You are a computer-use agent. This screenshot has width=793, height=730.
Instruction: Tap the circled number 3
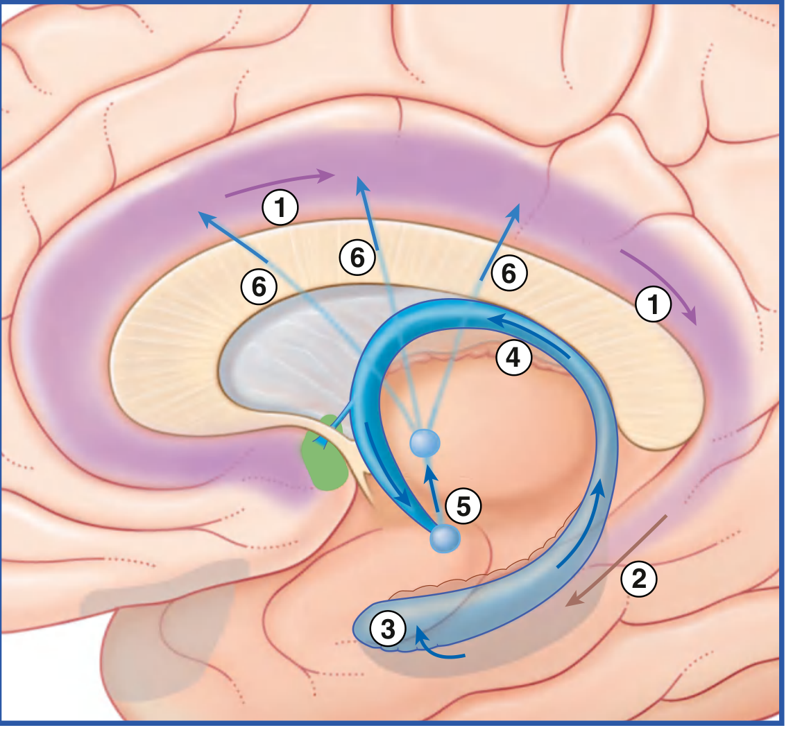coord(389,629)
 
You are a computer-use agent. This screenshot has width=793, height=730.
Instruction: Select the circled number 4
coord(514,358)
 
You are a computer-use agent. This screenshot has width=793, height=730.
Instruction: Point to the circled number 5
coord(463,506)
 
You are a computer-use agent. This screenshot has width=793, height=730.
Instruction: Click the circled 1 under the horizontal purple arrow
coord(281,207)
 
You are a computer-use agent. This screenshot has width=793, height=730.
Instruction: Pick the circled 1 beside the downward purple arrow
coord(654,304)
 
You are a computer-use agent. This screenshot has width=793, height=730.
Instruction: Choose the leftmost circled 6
coord(259,287)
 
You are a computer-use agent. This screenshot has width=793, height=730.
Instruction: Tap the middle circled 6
coord(357,258)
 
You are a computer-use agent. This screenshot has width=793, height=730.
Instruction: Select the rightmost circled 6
coord(509,273)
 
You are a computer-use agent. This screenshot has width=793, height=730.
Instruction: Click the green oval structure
coord(324,453)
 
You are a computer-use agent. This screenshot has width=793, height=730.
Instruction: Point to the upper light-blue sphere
coord(425,443)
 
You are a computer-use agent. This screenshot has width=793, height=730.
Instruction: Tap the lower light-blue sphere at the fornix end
coord(445,539)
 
